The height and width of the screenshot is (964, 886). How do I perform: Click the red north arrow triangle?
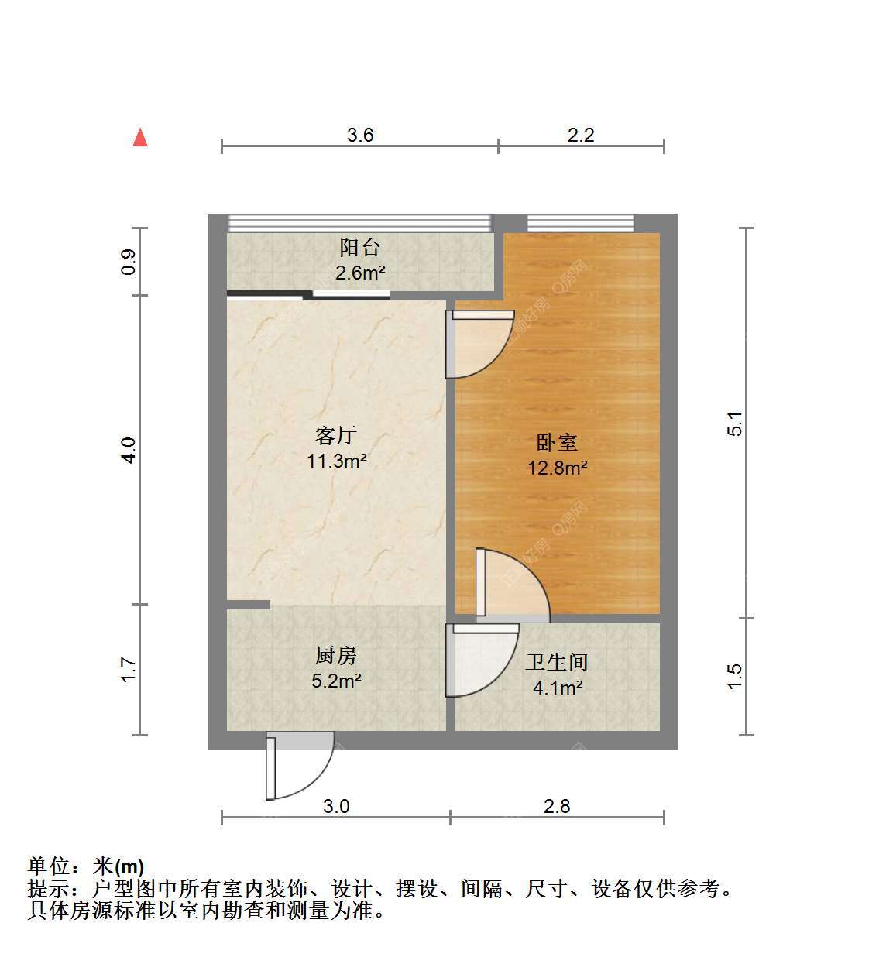point(140,138)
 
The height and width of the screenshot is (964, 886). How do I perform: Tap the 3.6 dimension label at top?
point(361,135)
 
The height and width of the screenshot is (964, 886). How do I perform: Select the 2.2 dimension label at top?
point(581,135)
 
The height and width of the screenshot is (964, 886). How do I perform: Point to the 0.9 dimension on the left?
point(129,262)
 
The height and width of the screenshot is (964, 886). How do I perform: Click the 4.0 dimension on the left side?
point(129,451)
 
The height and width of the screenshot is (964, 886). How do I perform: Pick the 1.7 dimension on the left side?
point(129,670)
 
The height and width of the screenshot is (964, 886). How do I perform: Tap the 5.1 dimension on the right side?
point(735,424)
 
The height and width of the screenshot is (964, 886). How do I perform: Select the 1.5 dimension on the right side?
point(735,677)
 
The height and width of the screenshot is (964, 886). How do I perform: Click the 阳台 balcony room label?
point(360,248)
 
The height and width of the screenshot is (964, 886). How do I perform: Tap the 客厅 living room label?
point(336,435)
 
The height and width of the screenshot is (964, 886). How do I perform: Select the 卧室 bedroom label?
point(557,443)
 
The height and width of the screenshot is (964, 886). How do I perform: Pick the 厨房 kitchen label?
point(336,656)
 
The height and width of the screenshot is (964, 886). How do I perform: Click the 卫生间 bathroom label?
point(557,663)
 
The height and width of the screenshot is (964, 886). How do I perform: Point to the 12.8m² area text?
point(558,468)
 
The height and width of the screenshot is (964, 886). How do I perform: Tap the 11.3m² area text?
point(337,461)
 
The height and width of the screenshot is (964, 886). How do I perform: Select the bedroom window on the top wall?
point(581,224)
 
